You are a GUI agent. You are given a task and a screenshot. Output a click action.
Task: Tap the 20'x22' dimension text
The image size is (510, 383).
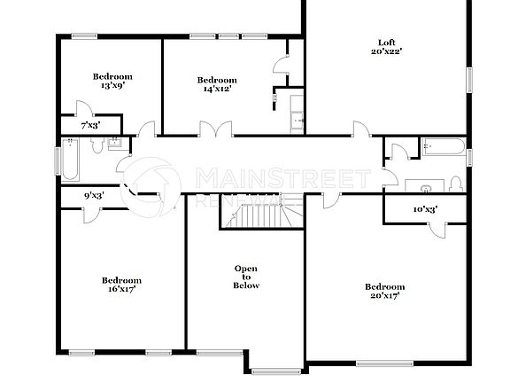[x=386, y=51]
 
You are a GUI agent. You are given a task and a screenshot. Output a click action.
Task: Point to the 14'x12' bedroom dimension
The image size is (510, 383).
[x=217, y=90]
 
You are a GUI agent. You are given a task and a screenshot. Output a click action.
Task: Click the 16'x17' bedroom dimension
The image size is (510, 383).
[x=120, y=290]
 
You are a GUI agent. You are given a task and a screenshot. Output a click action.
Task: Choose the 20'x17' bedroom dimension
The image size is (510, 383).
[x=384, y=296]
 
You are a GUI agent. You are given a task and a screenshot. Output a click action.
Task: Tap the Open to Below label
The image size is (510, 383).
[x=246, y=277]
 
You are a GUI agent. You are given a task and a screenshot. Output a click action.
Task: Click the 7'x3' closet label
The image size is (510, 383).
[x=89, y=126]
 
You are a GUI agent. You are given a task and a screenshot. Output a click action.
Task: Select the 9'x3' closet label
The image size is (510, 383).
[x=94, y=195]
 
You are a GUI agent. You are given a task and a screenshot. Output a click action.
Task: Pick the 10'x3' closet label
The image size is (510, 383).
[x=426, y=209]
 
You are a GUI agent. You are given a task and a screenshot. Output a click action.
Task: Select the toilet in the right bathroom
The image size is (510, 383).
[x=455, y=184]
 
